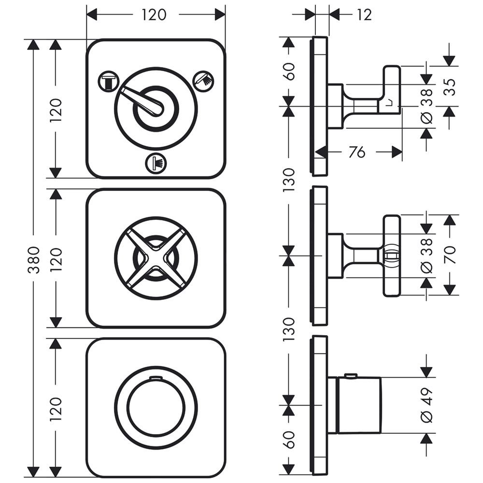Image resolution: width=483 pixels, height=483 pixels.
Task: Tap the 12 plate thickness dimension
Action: (365, 15)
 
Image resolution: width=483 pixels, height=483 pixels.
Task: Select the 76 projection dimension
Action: (356, 153)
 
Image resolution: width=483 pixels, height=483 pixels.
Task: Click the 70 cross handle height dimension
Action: (450, 255)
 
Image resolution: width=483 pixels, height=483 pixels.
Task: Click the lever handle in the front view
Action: (143, 100)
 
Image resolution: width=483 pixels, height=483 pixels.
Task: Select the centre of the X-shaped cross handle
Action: (156, 257)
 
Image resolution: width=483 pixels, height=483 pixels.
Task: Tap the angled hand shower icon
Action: (203, 80)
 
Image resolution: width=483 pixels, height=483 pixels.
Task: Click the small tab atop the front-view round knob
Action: (156, 377)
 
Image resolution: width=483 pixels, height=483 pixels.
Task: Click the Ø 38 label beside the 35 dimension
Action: (426, 105)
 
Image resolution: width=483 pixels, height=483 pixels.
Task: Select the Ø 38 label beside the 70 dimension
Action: (426, 255)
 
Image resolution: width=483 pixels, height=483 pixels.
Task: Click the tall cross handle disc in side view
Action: (392, 256)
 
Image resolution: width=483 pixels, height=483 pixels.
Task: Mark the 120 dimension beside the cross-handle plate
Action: (57, 259)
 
